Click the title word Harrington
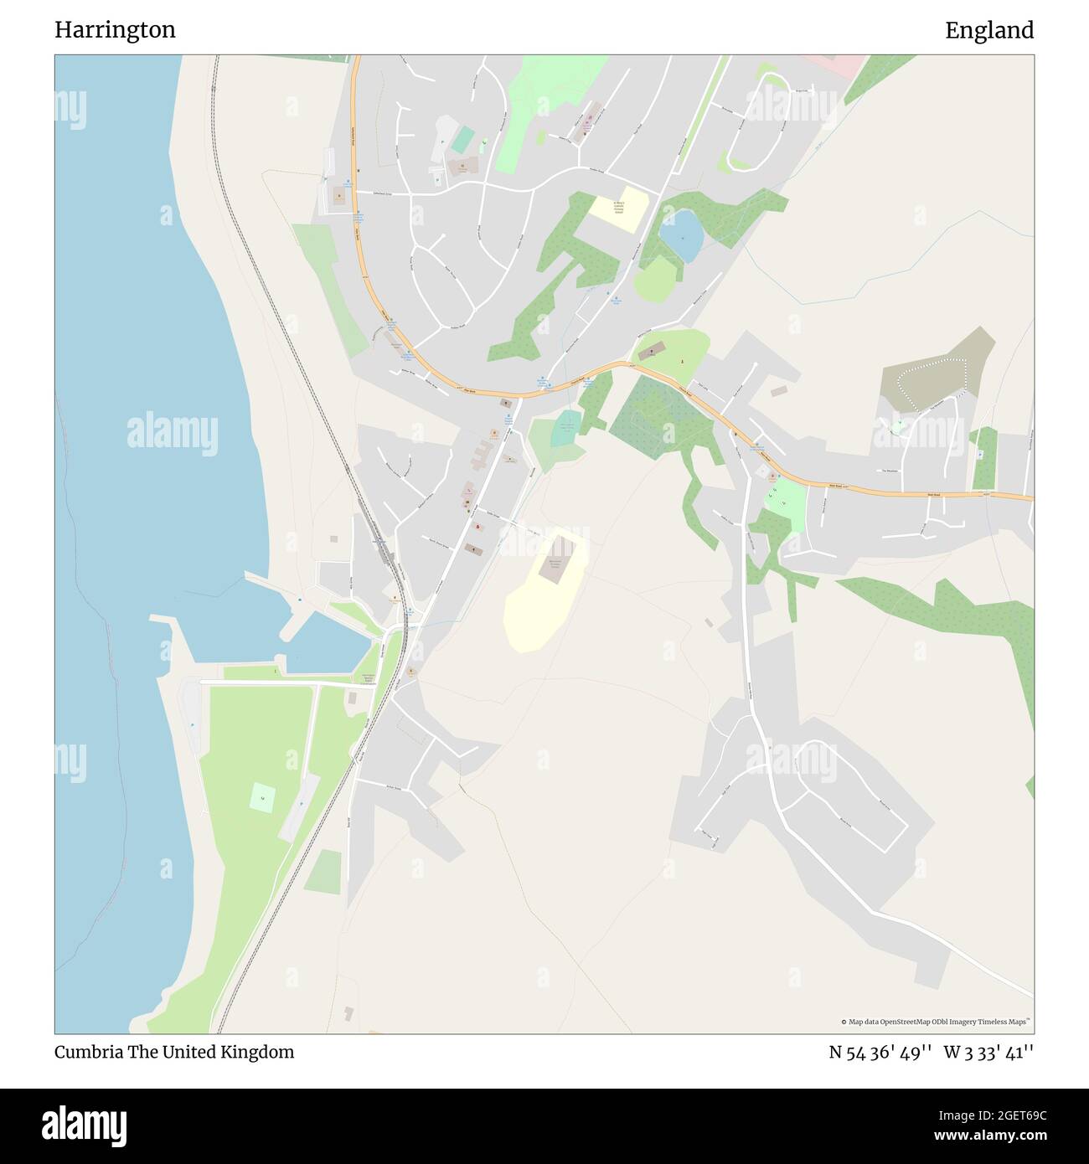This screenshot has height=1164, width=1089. [115, 30]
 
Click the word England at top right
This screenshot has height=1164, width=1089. [988, 30]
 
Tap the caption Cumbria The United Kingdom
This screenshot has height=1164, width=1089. [174, 1052]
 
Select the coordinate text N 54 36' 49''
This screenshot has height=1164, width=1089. [880, 1052]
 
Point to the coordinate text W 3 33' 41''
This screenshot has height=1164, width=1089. [988, 1052]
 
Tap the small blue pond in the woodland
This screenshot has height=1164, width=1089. [680, 235]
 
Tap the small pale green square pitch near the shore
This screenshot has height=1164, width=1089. [262, 796]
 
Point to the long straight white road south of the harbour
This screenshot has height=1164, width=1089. [285, 682]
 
